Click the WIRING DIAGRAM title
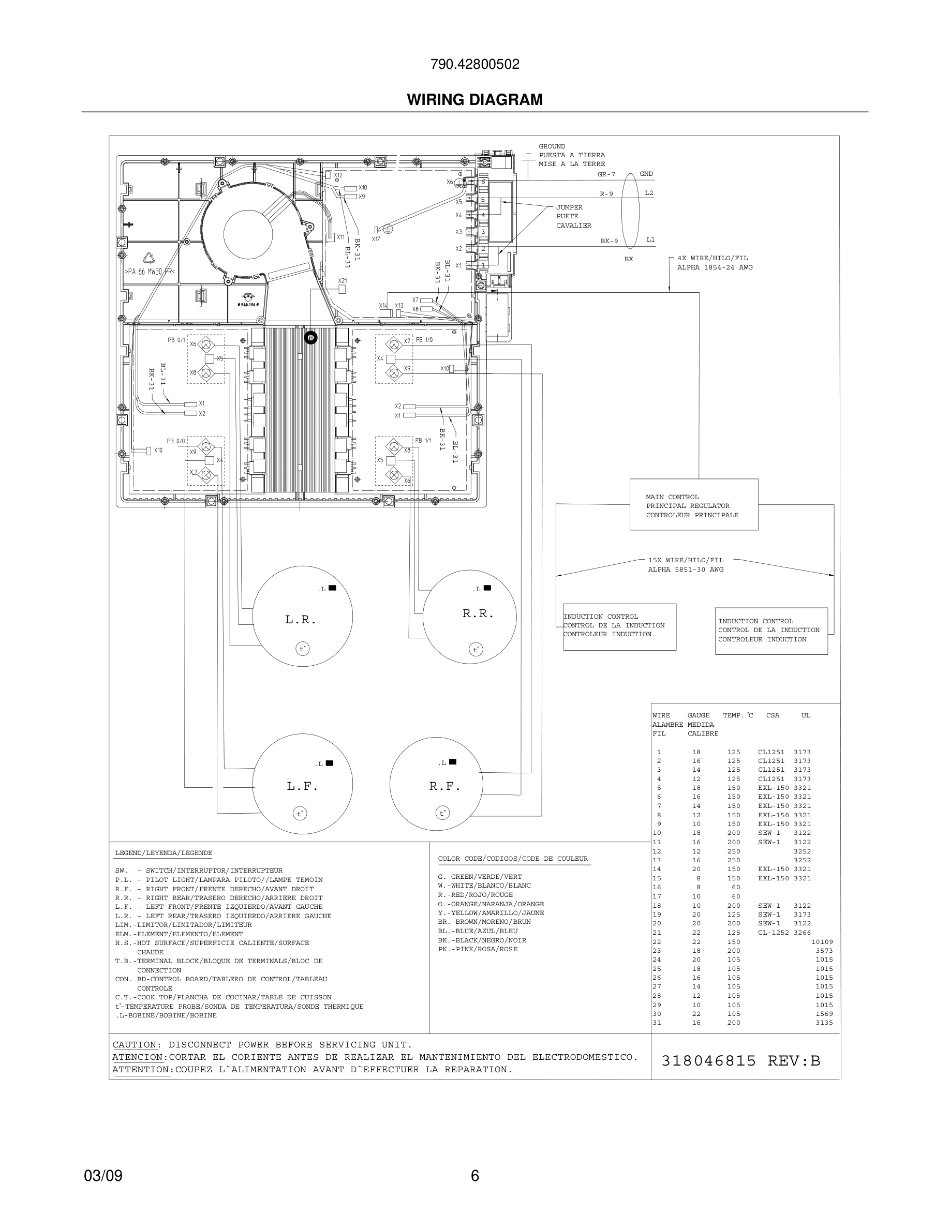pos(474,100)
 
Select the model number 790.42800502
pos(474,64)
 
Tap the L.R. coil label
pos(301,620)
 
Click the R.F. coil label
pos(444,786)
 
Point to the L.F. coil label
pos(302,786)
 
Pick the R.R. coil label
pos(478,613)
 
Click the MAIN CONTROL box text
pos(672,497)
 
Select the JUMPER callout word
pos(569,207)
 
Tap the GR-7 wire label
pos(606,174)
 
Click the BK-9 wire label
pos(609,241)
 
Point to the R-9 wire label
pos(606,194)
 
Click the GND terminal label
pos(646,174)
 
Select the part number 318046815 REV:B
pos(740,1061)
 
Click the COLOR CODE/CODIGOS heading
pos(513,859)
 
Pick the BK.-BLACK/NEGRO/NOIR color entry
pos(482,940)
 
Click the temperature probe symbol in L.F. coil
pos(301,813)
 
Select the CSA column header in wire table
pos(772,715)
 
